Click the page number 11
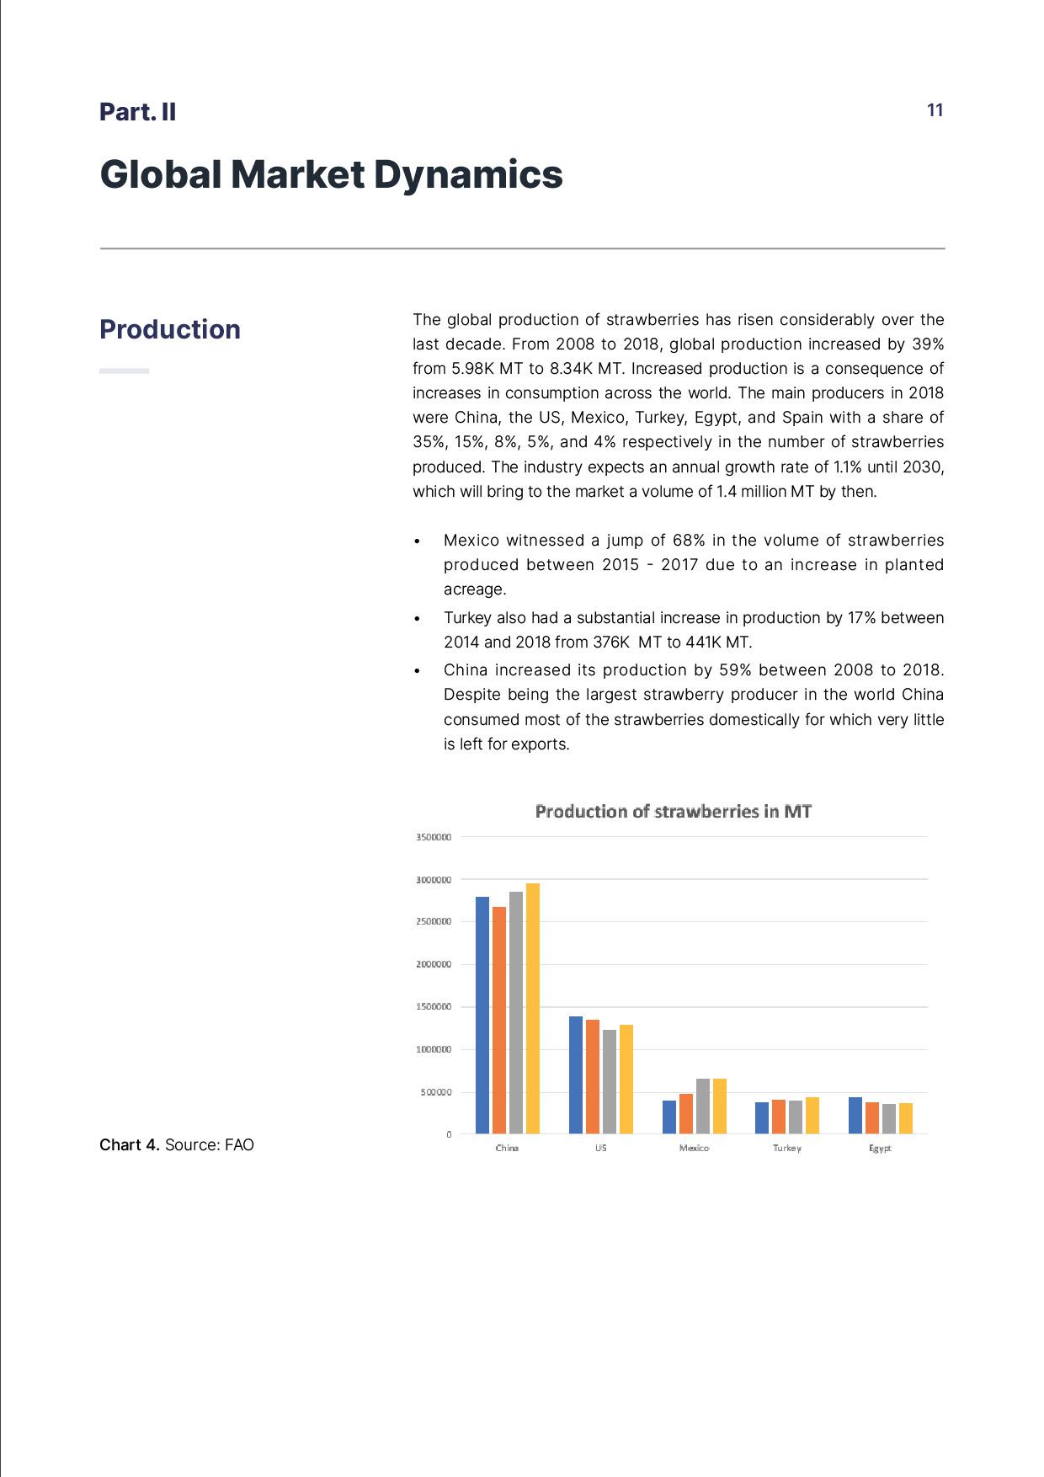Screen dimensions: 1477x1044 pos(935,110)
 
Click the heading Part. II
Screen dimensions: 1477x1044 pos(138,112)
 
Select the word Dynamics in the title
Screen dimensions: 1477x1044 pos(468,174)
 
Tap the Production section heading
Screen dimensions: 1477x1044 pos(170,329)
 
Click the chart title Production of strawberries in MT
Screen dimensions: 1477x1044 pos(673,811)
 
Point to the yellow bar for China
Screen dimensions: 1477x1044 pos(532,1008)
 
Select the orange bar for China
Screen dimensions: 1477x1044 pos(499,1020)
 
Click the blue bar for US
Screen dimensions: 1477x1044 pos(576,1074)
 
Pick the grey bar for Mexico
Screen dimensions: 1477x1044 pos(703,1106)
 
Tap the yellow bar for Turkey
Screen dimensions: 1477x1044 pos(812,1115)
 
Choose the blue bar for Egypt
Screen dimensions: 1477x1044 pos(855,1115)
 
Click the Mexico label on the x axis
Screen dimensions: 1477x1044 pos(694,1148)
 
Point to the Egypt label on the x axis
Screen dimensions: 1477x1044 pos(880,1148)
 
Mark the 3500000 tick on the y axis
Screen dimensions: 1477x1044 pos(434,837)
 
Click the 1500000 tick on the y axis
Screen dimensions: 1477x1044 pos(434,1007)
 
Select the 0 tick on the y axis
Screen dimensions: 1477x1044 pos(449,1134)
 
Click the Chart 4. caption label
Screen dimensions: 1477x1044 pos(130,1144)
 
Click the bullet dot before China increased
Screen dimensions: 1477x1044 pos(417,671)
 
